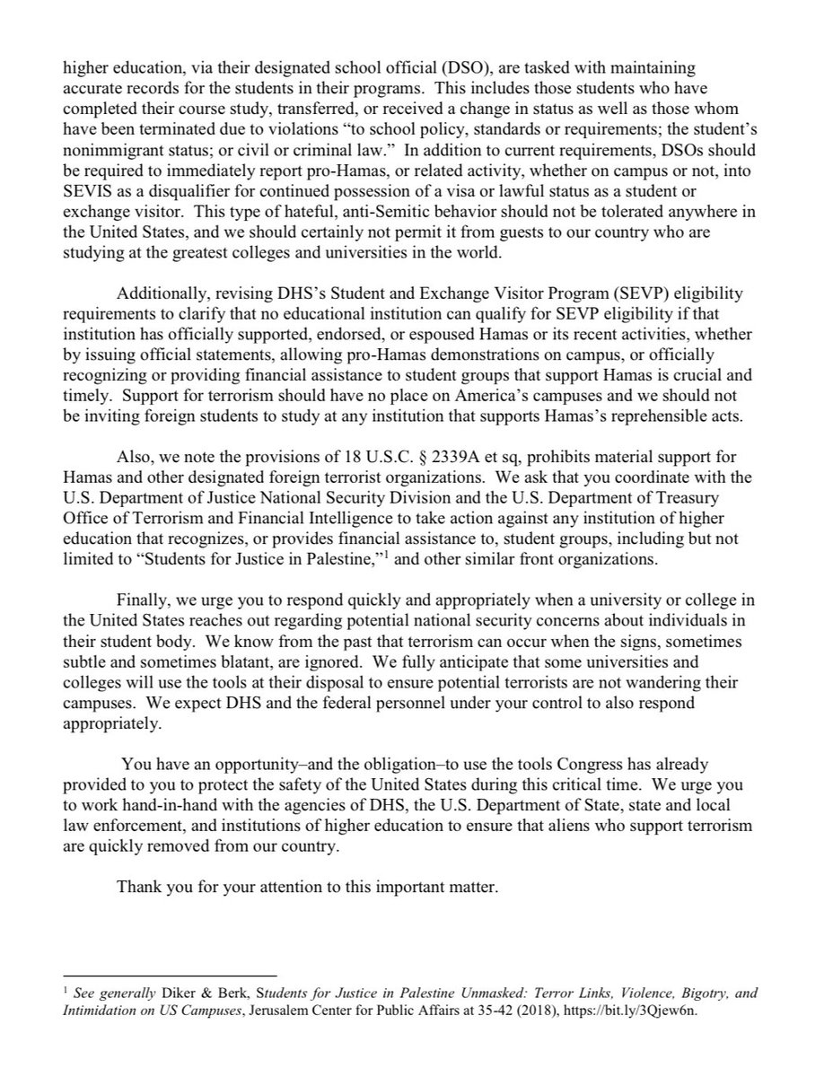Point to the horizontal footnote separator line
pyautogui.click(x=169, y=976)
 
